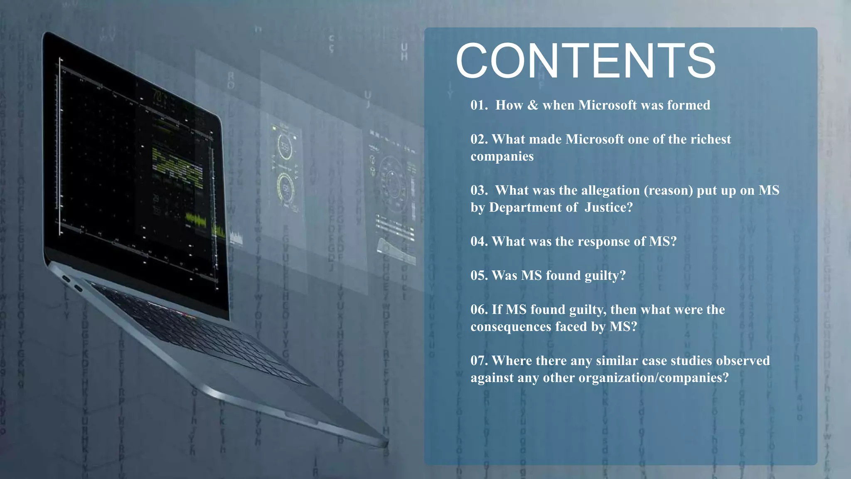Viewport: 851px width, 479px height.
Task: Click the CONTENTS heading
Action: click(x=586, y=61)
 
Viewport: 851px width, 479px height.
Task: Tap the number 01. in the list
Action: click(x=479, y=105)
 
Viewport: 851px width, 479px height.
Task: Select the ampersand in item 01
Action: click(x=532, y=105)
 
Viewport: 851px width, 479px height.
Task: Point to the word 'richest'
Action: click(x=711, y=139)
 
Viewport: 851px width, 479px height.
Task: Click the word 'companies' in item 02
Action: click(x=502, y=156)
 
